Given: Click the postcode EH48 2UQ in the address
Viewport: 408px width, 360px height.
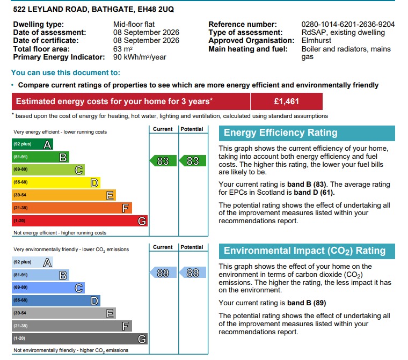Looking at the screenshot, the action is coord(156,9).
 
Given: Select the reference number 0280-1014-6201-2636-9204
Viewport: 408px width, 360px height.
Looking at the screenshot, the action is coord(348,24).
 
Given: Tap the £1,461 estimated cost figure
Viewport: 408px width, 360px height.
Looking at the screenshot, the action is coord(286,101).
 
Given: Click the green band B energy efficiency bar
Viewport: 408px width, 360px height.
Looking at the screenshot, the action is coord(40,157).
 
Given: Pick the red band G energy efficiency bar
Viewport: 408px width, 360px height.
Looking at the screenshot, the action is coord(79,221).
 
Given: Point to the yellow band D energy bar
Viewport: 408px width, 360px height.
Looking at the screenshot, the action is coord(56,182).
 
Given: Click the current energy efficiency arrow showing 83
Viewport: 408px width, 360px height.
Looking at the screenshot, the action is coord(163,161).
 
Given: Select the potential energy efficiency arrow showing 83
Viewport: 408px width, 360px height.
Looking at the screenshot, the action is coord(193,161).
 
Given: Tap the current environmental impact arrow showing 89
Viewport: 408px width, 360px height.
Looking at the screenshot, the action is coord(163,273).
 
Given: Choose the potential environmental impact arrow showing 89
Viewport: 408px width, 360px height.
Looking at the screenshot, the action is coord(193,273).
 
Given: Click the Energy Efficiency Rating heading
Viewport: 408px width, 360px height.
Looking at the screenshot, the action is coord(280,133).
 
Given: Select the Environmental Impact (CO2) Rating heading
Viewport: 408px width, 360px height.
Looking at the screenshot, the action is coord(305,251).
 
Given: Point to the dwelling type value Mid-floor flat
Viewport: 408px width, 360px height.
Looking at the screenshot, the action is coord(134,24).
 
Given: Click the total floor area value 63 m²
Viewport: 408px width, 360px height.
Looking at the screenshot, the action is coord(123,49).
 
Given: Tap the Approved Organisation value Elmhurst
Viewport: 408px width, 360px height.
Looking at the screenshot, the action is coord(316,40).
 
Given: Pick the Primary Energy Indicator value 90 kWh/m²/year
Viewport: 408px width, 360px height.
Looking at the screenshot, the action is coord(140,57).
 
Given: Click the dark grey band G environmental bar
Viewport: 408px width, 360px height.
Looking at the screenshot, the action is coord(79,339).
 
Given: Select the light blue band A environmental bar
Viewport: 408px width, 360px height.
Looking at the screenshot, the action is coord(32,262).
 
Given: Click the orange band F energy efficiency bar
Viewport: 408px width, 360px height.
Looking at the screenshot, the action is coord(72,208).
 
